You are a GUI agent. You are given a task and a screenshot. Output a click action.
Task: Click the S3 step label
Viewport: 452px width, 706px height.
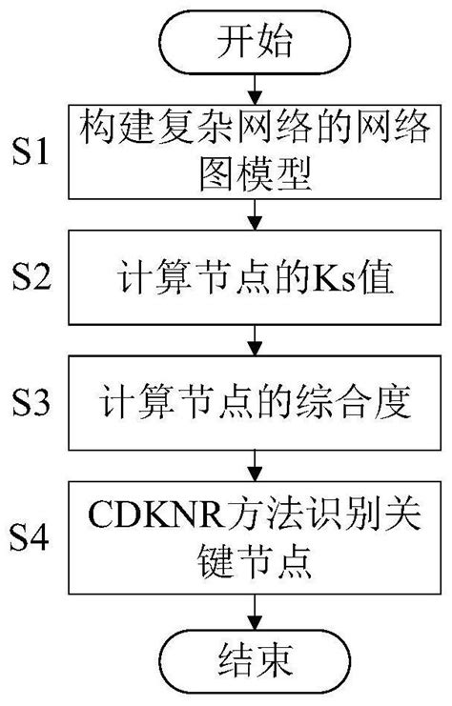pos(37,401)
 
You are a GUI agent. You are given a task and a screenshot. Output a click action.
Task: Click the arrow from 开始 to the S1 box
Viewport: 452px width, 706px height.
pos(252,87)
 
